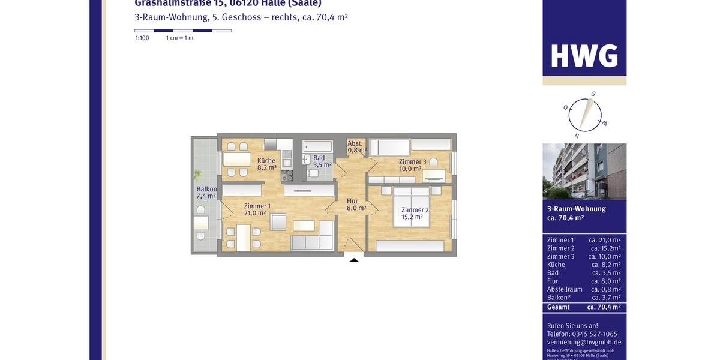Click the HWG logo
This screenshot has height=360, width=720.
pyautogui.click(x=584, y=56)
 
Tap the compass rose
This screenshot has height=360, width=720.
pyautogui.click(x=584, y=115)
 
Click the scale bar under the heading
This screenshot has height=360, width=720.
pyautogui.click(x=182, y=31)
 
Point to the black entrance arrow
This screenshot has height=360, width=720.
pyautogui.click(x=354, y=260)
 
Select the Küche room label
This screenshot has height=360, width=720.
pyautogui.click(x=266, y=161)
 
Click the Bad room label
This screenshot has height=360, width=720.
pyautogui.click(x=319, y=158)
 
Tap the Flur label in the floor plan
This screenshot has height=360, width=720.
pyautogui.click(x=352, y=202)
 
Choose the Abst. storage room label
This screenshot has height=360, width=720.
pyautogui.click(x=355, y=143)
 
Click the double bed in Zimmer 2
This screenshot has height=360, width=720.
pyautogui.click(x=412, y=207)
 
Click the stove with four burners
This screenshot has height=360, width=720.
pyautogui.click(x=287, y=175)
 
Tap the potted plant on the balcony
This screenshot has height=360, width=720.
pyautogui.click(x=197, y=175)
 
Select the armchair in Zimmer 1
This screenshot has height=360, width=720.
pyautogui.click(x=278, y=222)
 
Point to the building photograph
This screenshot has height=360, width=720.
pyautogui.click(x=584, y=172)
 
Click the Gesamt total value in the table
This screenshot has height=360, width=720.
pyautogui.click(x=604, y=307)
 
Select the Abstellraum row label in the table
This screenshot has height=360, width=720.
pyautogui.click(x=565, y=289)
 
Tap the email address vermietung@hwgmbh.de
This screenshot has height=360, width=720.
pyautogui.click(x=584, y=342)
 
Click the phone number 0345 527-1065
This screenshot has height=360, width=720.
pyautogui.click(x=595, y=334)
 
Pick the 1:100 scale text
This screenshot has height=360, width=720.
pyautogui.click(x=142, y=38)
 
